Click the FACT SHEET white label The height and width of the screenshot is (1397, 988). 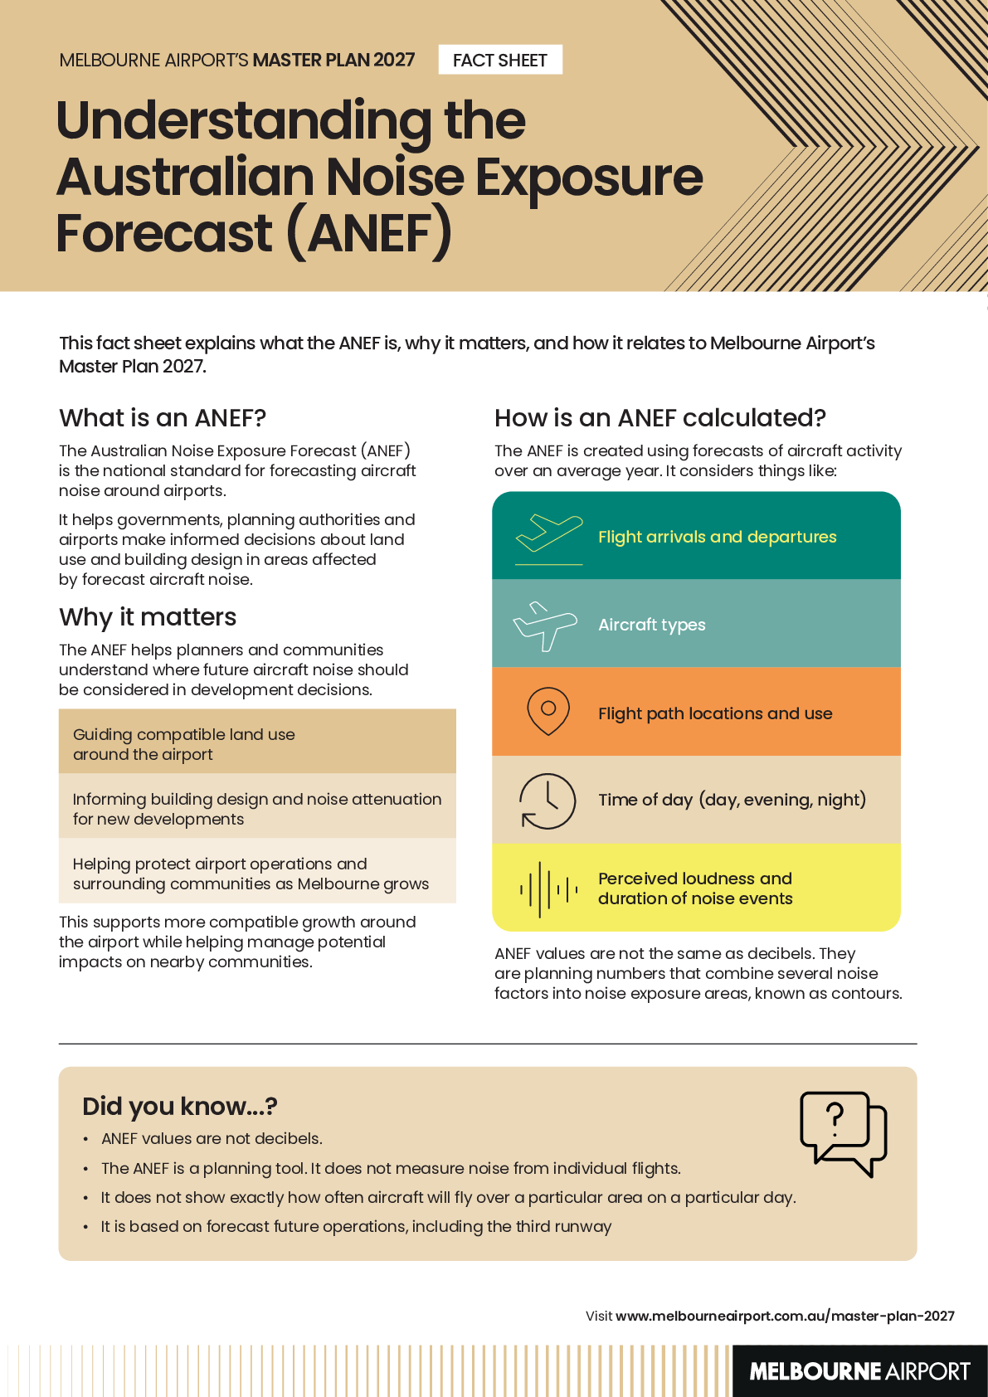(500, 60)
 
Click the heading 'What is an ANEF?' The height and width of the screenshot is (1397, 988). (162, 418)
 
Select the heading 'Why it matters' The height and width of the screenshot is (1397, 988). (148, 617)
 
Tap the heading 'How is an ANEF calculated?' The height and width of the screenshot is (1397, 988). (660, 418)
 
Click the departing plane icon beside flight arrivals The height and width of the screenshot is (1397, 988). (549, 539)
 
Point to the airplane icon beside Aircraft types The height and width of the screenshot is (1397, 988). (545, 626)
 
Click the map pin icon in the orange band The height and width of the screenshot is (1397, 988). (548, 712)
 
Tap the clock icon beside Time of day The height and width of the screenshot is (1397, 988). (547, 801)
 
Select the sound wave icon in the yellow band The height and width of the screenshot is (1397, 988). (549, 889)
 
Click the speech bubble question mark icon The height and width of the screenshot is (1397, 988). (844, 1134)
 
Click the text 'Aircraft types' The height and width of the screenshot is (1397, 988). (652, 625)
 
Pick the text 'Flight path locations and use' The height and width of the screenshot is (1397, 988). (715, 713)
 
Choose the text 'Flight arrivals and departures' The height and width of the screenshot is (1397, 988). (718, 537)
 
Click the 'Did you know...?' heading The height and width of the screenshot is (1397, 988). (180, 1107)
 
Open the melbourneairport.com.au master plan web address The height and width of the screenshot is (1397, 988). (785, 1316)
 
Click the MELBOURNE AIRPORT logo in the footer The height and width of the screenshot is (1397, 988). (859, 1371)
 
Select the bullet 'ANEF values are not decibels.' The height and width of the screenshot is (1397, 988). (212, 1139)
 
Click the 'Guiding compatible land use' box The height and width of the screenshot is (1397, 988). (257, 742)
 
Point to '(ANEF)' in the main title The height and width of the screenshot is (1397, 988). (369, 234)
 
